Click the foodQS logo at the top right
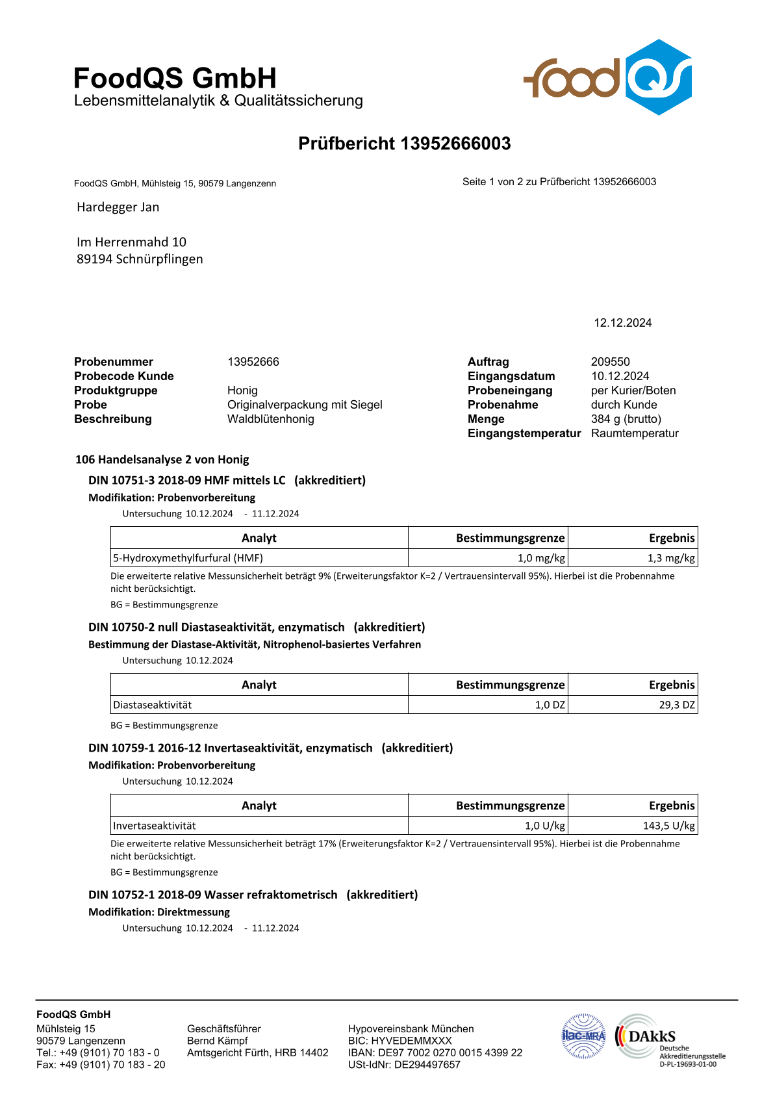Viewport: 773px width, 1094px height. pos(607,77)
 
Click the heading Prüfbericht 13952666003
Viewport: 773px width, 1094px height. pos(404,144)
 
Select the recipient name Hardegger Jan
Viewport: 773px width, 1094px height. pos(118,207)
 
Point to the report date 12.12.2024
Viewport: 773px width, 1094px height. pos(622,323)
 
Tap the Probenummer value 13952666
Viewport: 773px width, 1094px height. pos(253,362)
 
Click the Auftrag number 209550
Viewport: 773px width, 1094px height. pos(610,362)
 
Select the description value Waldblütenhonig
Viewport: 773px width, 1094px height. pos(270,419)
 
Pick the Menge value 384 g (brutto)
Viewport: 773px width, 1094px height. pos(626,419)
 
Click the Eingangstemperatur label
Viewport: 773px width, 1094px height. pos(524,433)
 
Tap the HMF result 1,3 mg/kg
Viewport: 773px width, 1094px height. pos(671,558)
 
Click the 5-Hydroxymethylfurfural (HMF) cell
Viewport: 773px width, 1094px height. pos(188,558)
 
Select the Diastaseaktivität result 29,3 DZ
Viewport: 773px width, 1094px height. pos(677,705)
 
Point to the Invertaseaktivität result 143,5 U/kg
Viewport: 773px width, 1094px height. pos(668,826)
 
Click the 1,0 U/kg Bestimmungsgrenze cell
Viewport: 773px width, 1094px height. pos(544,826)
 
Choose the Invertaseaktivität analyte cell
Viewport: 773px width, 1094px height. pos(155,826)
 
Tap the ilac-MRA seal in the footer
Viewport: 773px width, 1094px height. pos(583,1036)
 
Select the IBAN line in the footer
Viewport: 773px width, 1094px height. pos(435,1052)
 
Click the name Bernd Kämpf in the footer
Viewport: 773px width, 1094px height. pos(217,1041)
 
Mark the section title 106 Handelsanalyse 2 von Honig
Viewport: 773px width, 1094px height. pos(162,459)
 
